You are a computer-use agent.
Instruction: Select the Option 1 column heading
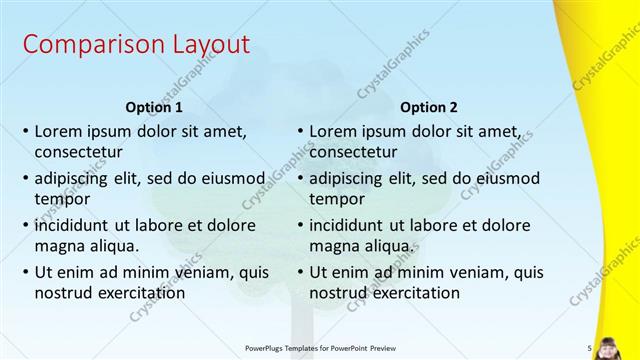(154, 106)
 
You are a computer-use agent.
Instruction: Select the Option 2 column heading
(429, 106)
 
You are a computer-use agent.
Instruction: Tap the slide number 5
(590, 348)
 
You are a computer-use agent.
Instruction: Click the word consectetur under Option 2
(353, 153)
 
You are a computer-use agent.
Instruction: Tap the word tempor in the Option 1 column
(61, 199)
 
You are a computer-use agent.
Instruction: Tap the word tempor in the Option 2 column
(336, 199)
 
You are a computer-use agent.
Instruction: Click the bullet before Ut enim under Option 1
(26, 271)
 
